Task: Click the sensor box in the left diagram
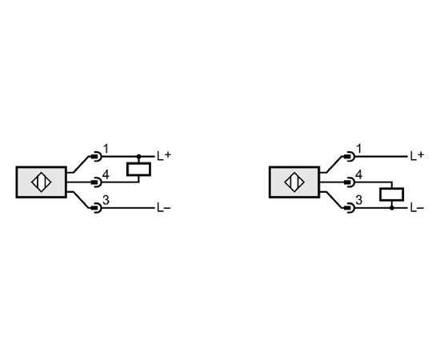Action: pos(42,182)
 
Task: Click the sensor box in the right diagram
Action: pos(294,182)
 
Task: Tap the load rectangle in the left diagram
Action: pos(138,169)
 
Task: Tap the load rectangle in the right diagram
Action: pos(392,194)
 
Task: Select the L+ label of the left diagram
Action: pos(164,156)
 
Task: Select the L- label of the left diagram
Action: pos(164,208)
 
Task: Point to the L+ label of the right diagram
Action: pos(418,156)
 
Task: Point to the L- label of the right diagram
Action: pos(418,208)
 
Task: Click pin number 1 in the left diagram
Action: pos(106,149)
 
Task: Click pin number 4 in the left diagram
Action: pos(106,175)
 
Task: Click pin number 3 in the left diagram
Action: pos(106,200)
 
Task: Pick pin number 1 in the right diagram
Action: pos(358,149)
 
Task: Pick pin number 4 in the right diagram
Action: pos(359,175)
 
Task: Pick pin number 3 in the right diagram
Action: pos(359,200)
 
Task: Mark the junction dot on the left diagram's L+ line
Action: pos(138,156)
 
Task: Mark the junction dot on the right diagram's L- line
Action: pos(392,208)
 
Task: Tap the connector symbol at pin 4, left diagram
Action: pos(96,182)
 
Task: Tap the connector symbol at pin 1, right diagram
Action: pos(349,156)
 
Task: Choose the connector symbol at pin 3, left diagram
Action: pos(96,208)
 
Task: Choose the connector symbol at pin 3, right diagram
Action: pos(349,208)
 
